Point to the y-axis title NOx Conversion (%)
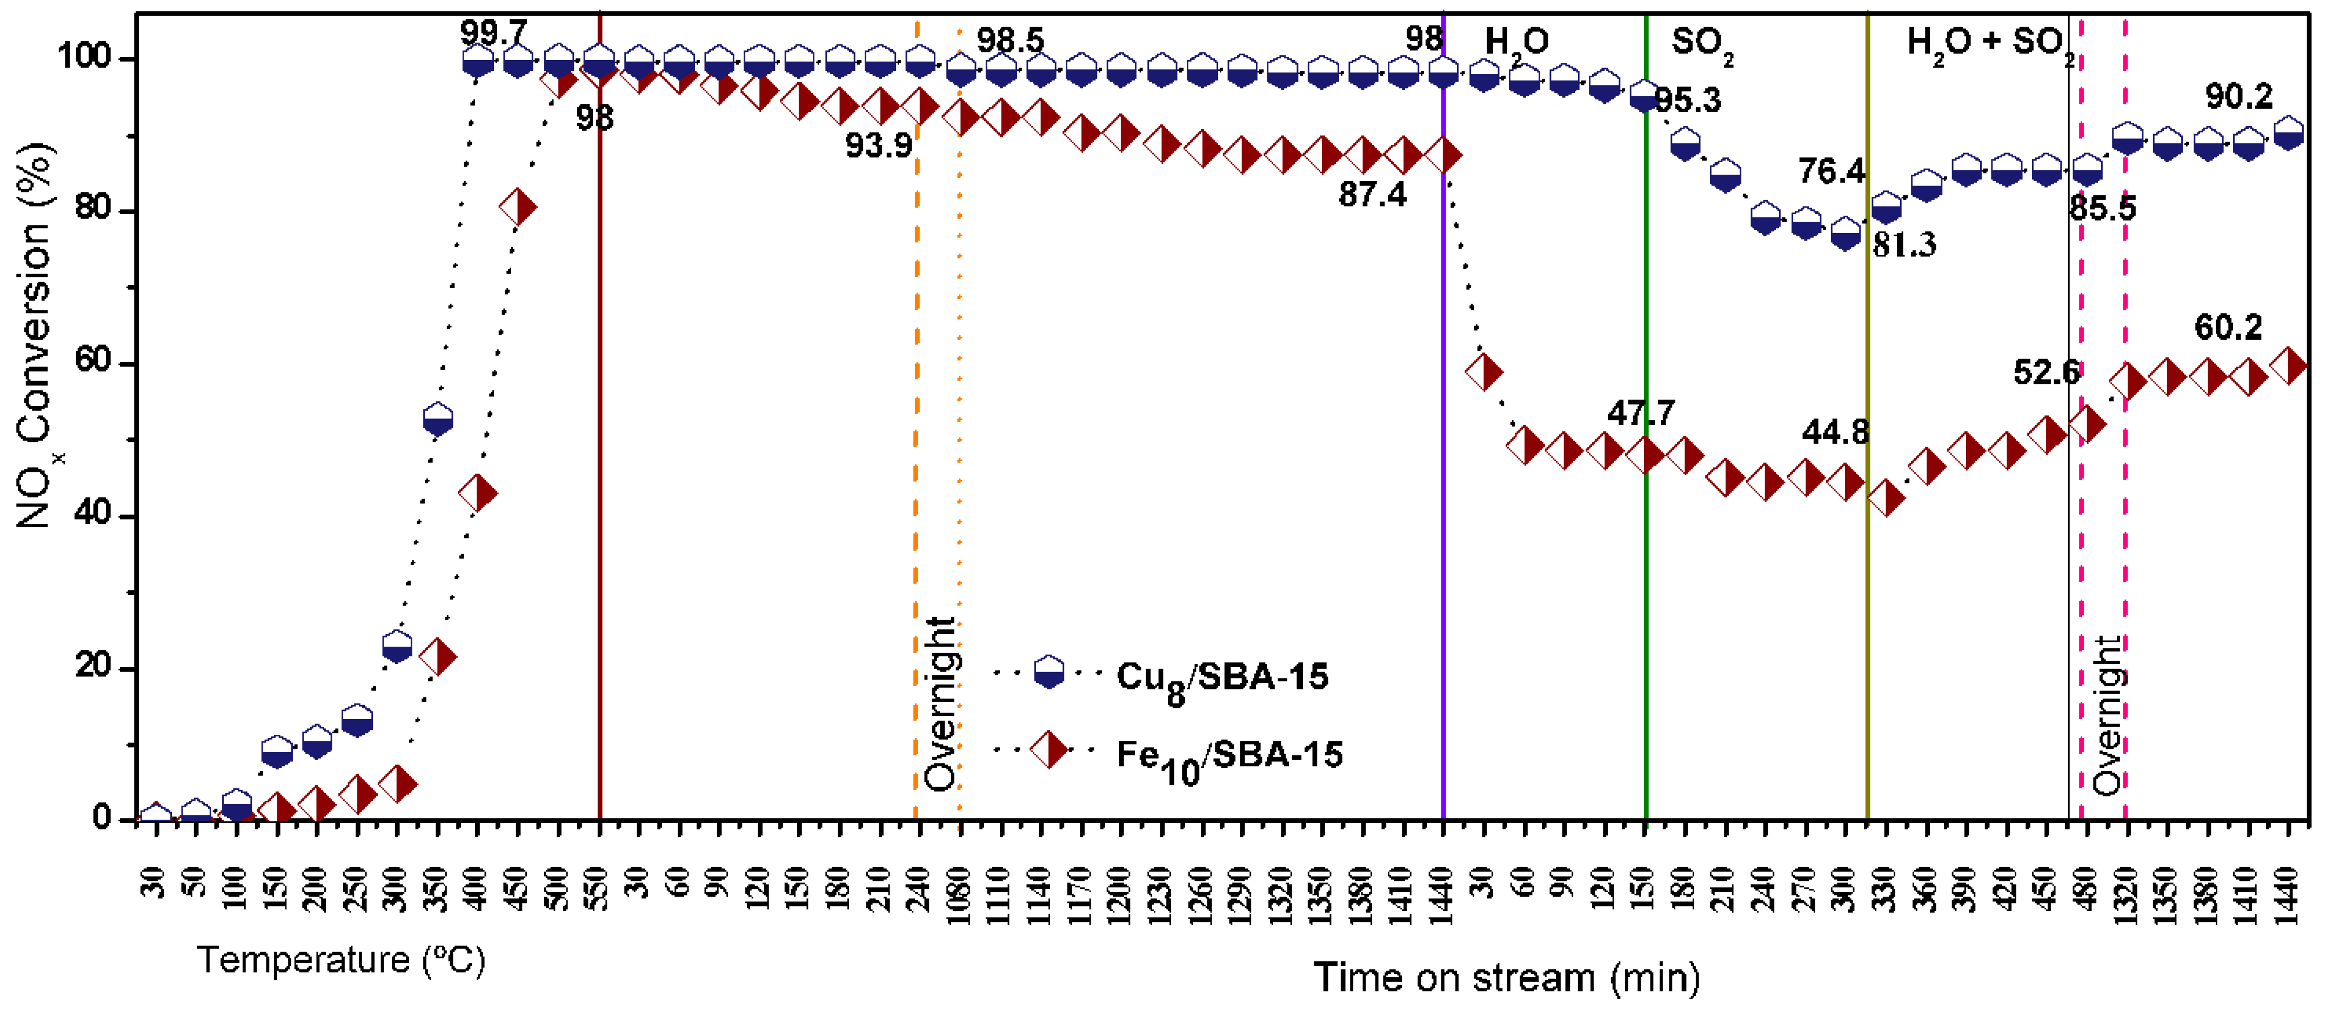point(35,335)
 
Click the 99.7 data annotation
point(493,34)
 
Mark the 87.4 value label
point(1372,194)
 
